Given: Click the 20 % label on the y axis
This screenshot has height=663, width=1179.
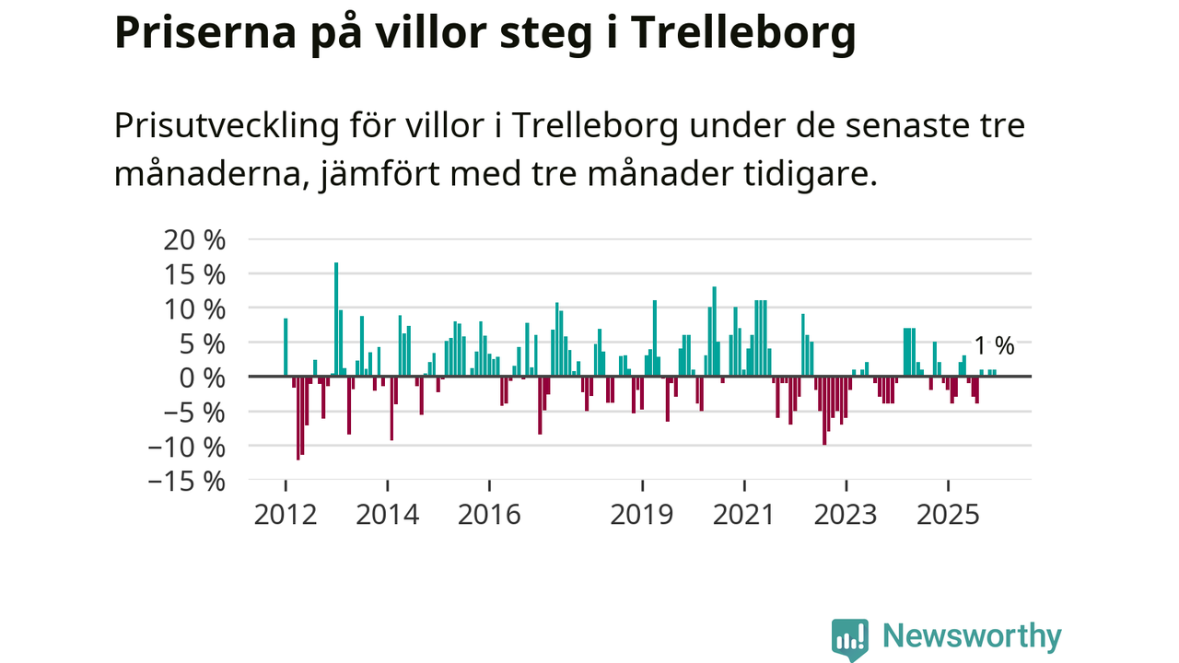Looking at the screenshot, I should click(x=194, y=239).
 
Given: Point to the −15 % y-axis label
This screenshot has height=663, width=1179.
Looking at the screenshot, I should click(x=187, y=481).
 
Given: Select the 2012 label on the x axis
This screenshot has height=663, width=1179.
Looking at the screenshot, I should click(x=285, y=514).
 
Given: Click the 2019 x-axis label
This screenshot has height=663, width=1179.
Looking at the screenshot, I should click(x=642, y=514).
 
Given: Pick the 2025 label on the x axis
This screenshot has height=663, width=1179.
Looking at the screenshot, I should click(x=949, y=514).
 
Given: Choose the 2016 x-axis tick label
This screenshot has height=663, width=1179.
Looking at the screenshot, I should click(x=489, y=514).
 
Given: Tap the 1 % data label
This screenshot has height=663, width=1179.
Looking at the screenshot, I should click(x=994, y=346).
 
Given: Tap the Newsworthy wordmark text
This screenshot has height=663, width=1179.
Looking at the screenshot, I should click(x=972, y=636).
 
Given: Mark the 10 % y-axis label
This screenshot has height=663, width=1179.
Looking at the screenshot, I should click(x=194, y=308).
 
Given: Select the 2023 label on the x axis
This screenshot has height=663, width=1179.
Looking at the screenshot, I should click(x=846, y=514).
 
